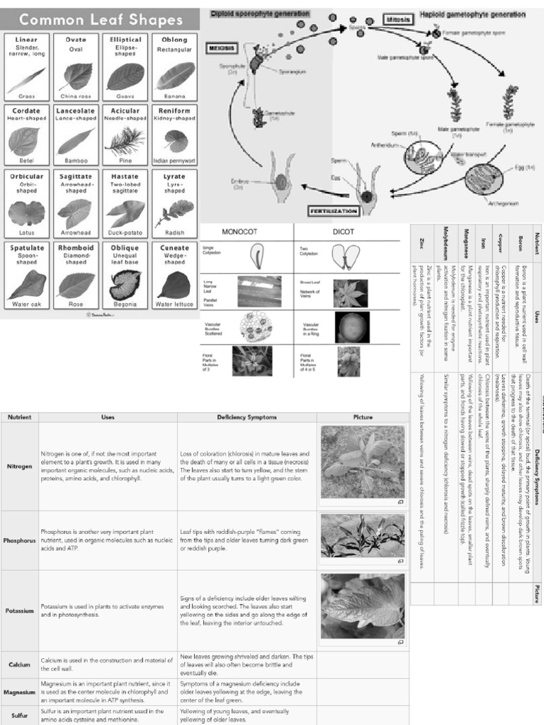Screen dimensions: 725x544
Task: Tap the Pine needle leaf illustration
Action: pos(125,141)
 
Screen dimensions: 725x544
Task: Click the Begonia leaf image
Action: pos(125,285)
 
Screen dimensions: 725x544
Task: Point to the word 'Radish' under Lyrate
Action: pos(174,232)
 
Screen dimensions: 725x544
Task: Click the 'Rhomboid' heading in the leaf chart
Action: pos(76,248)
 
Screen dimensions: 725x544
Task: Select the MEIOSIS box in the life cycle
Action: pos(222,48)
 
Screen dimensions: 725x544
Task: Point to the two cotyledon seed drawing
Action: pos(346,256)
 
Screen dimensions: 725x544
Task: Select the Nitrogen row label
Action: pos(19,467)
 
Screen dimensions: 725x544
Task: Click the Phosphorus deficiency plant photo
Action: pos(363,536)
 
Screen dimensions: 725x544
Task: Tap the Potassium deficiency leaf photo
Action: pos(363,606)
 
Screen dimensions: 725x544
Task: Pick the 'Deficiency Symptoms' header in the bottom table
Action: pos(246,417)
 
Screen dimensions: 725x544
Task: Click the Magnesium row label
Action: pos(19,692)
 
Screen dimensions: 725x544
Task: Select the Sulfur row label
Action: pos(19,715)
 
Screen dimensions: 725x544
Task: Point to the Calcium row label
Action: pos(19,665)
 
